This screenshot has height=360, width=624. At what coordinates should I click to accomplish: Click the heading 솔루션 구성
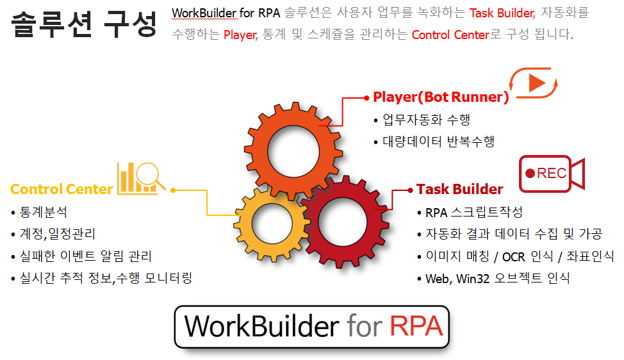click(84, 24)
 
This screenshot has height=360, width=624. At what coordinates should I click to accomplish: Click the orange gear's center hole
click(293, 152)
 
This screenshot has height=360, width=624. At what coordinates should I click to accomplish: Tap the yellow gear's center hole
click(272, 223)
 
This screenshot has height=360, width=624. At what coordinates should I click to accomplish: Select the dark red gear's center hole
click(342, 222)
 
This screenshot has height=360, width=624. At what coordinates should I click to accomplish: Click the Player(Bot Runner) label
click(441, 97)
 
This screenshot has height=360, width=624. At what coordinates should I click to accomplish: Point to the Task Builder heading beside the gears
click(459, 189)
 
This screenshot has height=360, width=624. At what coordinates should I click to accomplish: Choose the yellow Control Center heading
click(62, 189)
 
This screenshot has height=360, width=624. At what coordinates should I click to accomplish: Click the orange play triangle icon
click(537, 83)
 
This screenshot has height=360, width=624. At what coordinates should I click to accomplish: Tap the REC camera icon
click(552, 174)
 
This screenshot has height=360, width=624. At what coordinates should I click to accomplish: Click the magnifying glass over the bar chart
click(149, 176)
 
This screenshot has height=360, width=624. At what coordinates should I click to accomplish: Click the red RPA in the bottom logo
click(416, 326)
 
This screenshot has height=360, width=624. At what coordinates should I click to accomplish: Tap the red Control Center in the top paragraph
click(450, 35)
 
